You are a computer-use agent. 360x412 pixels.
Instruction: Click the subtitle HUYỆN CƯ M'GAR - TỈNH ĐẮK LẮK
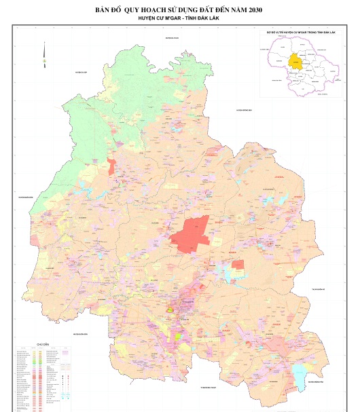click(180, 19)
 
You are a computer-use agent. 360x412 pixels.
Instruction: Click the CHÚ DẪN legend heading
click(43, 344)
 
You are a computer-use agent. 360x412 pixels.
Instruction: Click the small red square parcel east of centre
click(238, 264)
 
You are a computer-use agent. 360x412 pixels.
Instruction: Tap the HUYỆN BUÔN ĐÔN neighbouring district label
click(79, 334)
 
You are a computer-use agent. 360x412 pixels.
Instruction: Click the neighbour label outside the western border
click(26, 196)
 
